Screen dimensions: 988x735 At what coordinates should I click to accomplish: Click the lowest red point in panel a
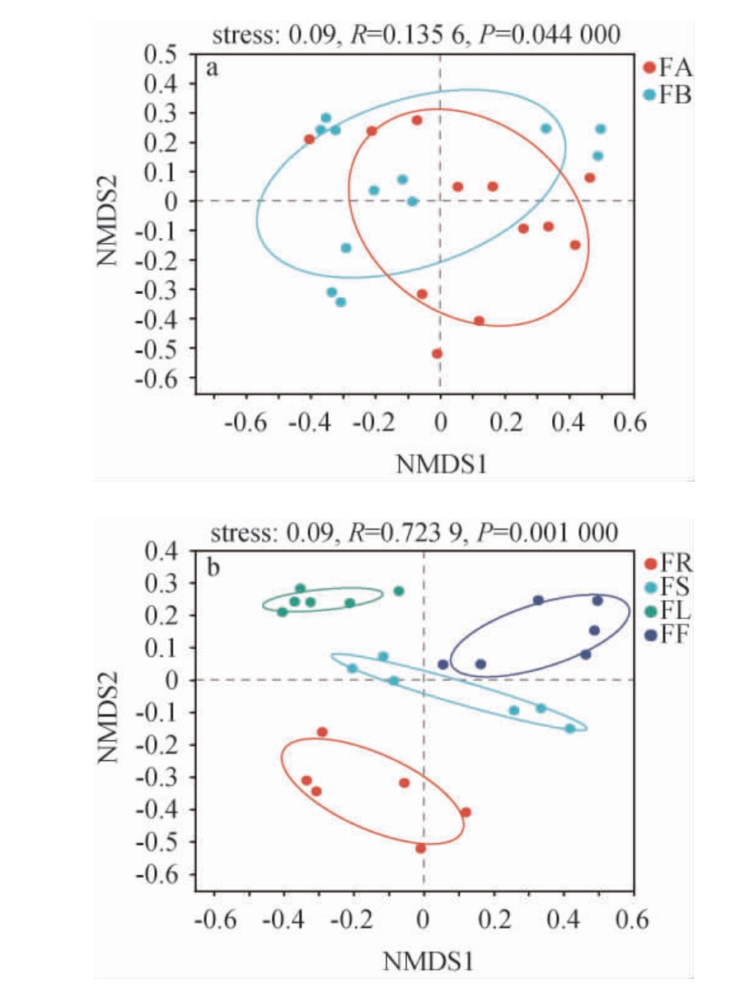pyautogui.click(x=437, y=353)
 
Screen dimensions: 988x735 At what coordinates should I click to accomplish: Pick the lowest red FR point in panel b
pyautogui.click(x=421, y=848)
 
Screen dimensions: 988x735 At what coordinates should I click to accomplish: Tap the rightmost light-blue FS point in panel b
pyautogui.click(x=569, y=729)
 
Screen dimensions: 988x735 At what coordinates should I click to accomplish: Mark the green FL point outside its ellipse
pyautogui.click(x=399, y=590)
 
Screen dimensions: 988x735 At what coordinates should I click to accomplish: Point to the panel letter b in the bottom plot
pyautogui.click(x=213, y=566)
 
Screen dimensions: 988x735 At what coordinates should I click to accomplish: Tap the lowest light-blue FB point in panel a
pyautogui.click(x=340, y=302)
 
